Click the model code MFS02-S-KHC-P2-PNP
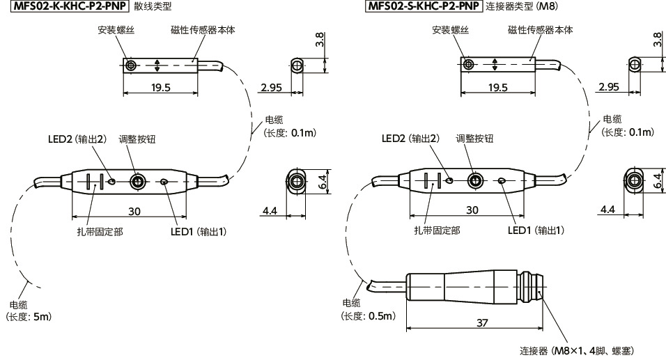pyautogui.click(x=423, y=6)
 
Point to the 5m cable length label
pyautogui.click(x=29, y=317)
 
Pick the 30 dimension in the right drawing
pyautogui.click(x=472, y=210)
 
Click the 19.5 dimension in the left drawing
pyautogui.click(x=157, y=88)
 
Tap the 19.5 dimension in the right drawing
pyautogui.click(x=497, y=88)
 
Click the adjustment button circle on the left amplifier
pyautogui.click(x=138, y=182)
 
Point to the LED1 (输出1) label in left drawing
pyautogui.click(x=199, y=231)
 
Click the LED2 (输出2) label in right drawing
pyautogui.click(x=410, y=139)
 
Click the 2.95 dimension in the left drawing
pyautogui.click(x=271, y=87)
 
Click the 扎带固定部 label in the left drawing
pyautogui.click(x=100, y=231)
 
